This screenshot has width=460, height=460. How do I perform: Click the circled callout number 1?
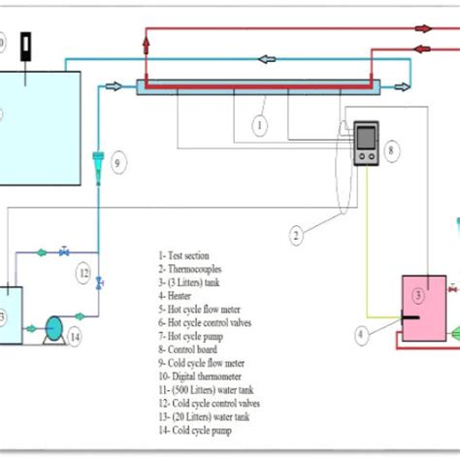coord(259,125)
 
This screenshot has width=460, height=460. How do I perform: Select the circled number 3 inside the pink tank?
coord(419,294)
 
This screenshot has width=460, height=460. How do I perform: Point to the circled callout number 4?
coord(361,337)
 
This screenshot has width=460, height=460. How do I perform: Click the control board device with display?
coord(367,145)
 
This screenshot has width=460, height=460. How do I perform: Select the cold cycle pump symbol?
coord(53,329)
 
